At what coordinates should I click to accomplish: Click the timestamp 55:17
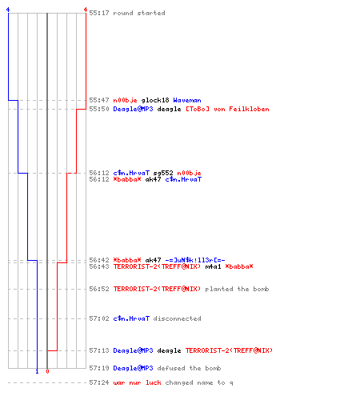coord(99,13)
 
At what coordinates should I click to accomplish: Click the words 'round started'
coord(139,13)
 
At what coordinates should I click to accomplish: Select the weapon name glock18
coord(155,101)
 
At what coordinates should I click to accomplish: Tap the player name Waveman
coord(187,100)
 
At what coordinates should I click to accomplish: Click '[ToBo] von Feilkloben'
coord(227,109)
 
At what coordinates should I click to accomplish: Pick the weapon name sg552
coord(163,173)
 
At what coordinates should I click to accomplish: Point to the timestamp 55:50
coord(99,109)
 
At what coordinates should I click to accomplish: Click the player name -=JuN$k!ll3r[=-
coord(195,260)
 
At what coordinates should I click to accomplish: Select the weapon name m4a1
coord(213,266)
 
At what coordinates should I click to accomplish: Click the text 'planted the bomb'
coord(237,289)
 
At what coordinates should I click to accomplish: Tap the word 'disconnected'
coord(177,318)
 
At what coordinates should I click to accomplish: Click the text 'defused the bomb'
coord(189,368)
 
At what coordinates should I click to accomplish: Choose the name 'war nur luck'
coord(137,382)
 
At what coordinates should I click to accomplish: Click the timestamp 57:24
coord(99,382)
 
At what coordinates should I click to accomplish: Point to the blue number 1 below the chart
coord(37,371)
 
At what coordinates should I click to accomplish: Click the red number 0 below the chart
coord(47,371)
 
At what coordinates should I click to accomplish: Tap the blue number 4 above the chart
coord(8,10)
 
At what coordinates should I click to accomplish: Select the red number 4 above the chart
coord(86,10)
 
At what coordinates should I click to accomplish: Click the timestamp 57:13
coord(99,350)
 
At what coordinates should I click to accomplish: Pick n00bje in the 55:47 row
coord(125,101)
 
